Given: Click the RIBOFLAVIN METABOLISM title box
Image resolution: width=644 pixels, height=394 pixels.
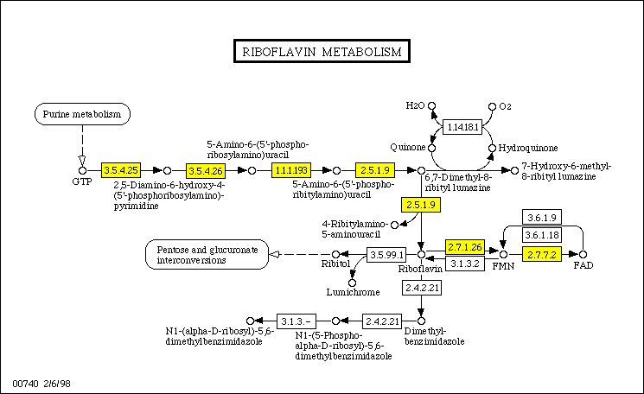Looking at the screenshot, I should [322, 52].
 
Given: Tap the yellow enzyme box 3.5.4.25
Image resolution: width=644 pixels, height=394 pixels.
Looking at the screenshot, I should [121, 170].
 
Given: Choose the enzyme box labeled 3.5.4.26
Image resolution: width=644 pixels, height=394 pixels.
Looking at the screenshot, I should [206, 170].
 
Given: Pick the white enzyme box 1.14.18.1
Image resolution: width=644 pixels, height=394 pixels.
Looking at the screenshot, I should [462, 127].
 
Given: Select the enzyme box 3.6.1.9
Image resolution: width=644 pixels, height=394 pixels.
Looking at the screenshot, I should [543, 218].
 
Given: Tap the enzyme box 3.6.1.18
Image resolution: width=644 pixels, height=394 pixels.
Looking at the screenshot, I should [543, 233].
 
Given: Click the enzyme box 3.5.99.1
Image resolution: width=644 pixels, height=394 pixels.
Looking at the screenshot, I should [386, 255].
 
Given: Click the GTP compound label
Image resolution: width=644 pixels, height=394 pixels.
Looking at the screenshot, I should [83, 183].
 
